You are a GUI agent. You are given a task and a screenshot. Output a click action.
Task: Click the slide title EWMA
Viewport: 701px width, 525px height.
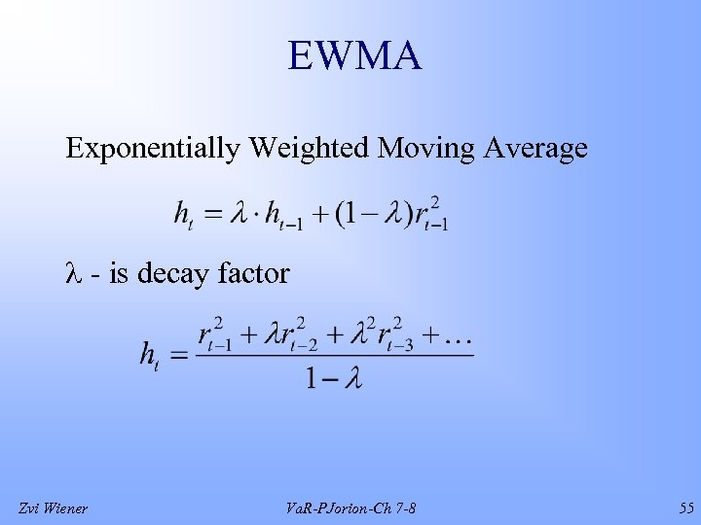click(354, 56)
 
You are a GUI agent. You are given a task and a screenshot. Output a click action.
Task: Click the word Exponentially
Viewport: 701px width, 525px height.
click(152, 149)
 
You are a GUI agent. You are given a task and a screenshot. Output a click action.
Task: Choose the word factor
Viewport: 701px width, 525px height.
click(253, 274)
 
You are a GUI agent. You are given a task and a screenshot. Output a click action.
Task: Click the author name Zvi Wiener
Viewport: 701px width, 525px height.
click(54, 507)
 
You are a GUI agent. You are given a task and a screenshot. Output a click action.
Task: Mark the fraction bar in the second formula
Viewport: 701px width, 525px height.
click(335, 356)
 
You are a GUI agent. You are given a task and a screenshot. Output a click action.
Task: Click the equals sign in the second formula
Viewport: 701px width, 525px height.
click(179, 357)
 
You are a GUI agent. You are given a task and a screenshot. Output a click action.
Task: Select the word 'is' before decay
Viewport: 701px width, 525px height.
click(118, 274)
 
